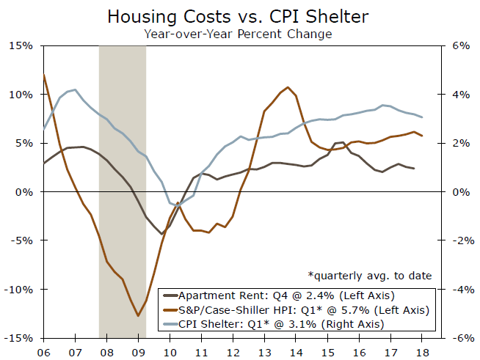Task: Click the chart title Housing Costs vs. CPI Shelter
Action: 240,16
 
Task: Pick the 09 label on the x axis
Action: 138,350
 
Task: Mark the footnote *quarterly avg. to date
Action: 370,276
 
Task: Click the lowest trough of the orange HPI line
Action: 138,316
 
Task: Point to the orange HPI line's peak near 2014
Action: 287,87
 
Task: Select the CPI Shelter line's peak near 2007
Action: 75,89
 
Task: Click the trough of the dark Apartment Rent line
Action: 161,234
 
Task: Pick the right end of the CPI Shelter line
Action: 422,117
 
